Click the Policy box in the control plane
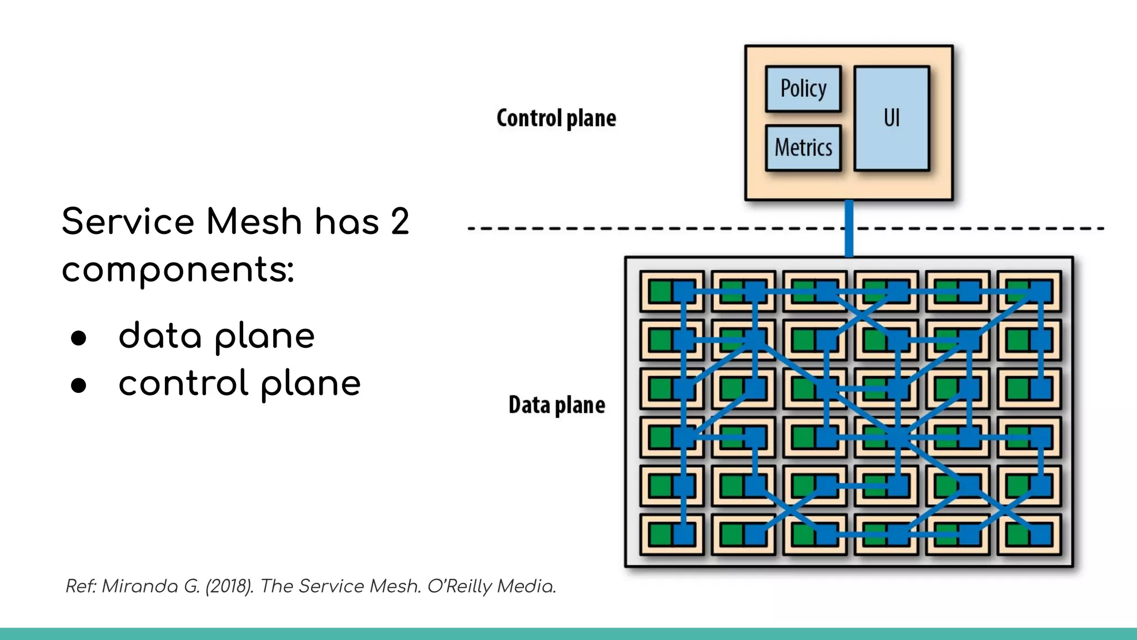coord(803,89)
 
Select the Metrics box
coord(803,148)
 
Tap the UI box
coord(891,118)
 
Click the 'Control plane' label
coord(556,118)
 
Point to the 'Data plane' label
coord(556,405)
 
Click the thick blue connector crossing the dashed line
coord(849,228)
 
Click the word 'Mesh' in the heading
coord(254,222)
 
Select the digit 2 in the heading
coord(399,222)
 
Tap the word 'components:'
coord(178,271)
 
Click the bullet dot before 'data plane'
coord(79,338)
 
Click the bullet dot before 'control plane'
coord(79,385)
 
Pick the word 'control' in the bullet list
coord(183,383)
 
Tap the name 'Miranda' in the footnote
coord(139,586)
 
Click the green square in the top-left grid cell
coord(660,291)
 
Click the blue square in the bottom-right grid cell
coord(1041,535)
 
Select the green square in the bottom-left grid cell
coord(660,535)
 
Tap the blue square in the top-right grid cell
coord(1041,291)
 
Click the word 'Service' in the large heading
coord(128,222)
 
